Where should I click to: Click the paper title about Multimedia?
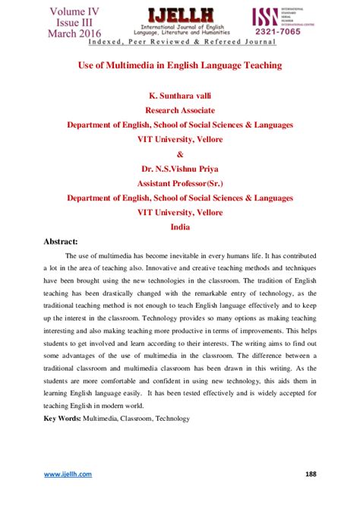coord(180,66)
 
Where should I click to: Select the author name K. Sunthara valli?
coord(180,96)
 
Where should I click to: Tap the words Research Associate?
coord(180,110)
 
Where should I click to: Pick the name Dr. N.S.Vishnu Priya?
coord(180,169)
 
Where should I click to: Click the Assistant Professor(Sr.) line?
coord(180,183)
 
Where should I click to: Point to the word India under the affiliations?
coord(180,226)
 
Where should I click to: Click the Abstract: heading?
coord(67,242)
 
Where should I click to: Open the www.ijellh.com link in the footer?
coord(68,474)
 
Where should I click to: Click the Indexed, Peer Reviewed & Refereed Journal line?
coord(179,45)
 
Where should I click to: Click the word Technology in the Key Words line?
coord(167,419)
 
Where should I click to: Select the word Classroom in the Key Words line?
coord(125,419)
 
